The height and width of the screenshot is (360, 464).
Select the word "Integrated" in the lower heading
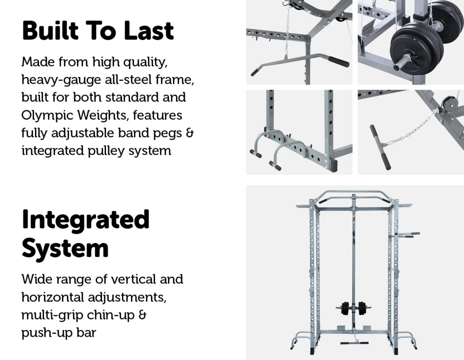click(x=86, y=219)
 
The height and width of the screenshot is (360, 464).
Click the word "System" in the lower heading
click(x=65, y=248)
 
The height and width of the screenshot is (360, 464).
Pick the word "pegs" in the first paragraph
click(x=171, y=133)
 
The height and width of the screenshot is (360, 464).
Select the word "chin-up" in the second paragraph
click(x=111, y=315)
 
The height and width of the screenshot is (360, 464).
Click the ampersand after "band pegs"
click(x=191, y=133)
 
